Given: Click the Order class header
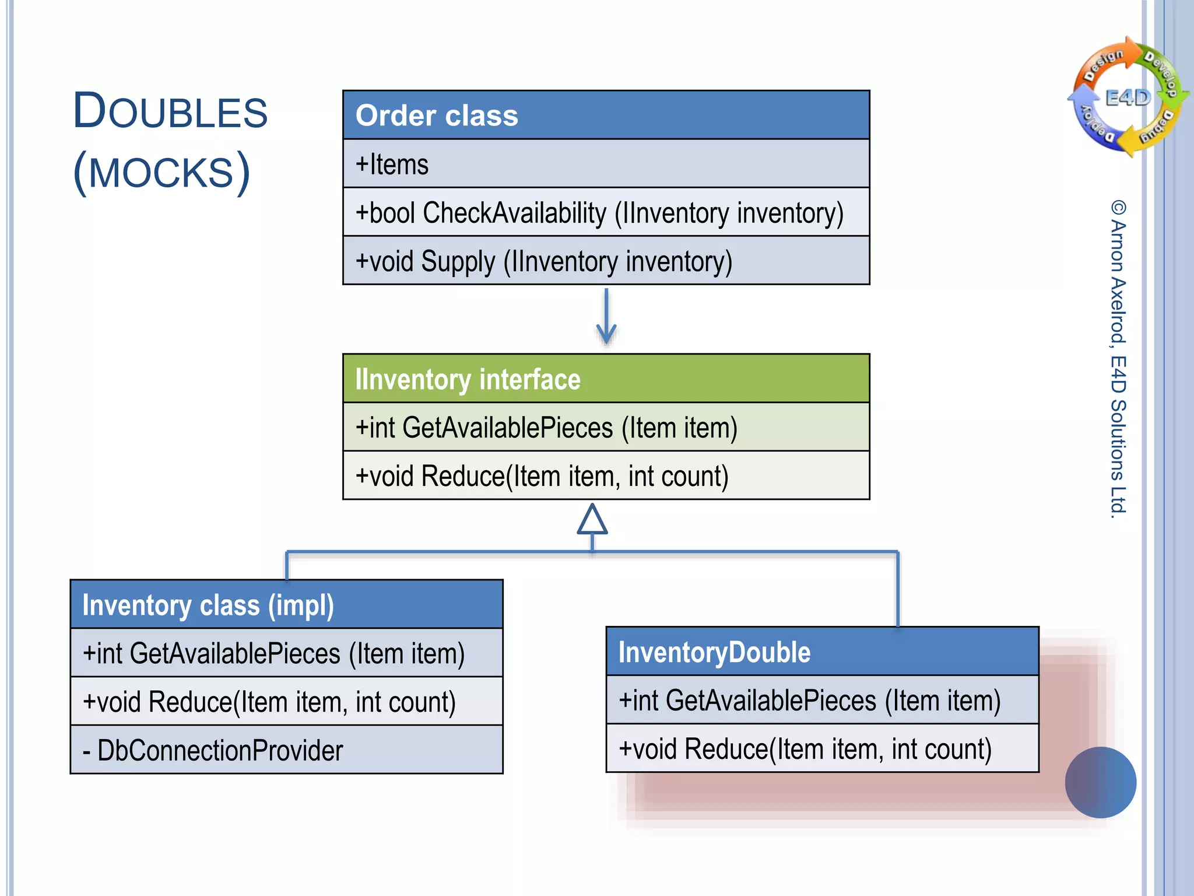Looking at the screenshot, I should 606,115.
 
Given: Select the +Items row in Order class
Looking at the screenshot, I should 606,164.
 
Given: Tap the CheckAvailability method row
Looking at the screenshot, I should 606,212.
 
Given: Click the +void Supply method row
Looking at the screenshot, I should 606,261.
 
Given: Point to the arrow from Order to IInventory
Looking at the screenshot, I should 606,318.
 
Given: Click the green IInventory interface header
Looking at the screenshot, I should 606,379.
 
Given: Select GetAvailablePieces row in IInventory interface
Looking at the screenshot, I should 606,427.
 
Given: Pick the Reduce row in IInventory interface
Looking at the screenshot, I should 606,475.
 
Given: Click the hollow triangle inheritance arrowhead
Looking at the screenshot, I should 592,520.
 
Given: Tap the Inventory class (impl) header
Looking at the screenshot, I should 286,604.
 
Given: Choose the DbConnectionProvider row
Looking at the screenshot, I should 286,750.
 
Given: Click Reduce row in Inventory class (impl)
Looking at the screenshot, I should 286,702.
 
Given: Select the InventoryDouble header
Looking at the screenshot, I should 822,652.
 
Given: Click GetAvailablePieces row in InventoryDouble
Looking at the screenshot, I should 822,700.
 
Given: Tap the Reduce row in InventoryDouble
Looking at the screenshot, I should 822,749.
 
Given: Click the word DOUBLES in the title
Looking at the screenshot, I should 170,111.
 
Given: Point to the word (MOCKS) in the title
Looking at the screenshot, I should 161,173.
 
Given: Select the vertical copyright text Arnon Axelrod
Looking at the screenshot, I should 1118,359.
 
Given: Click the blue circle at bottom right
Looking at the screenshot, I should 1100,782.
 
